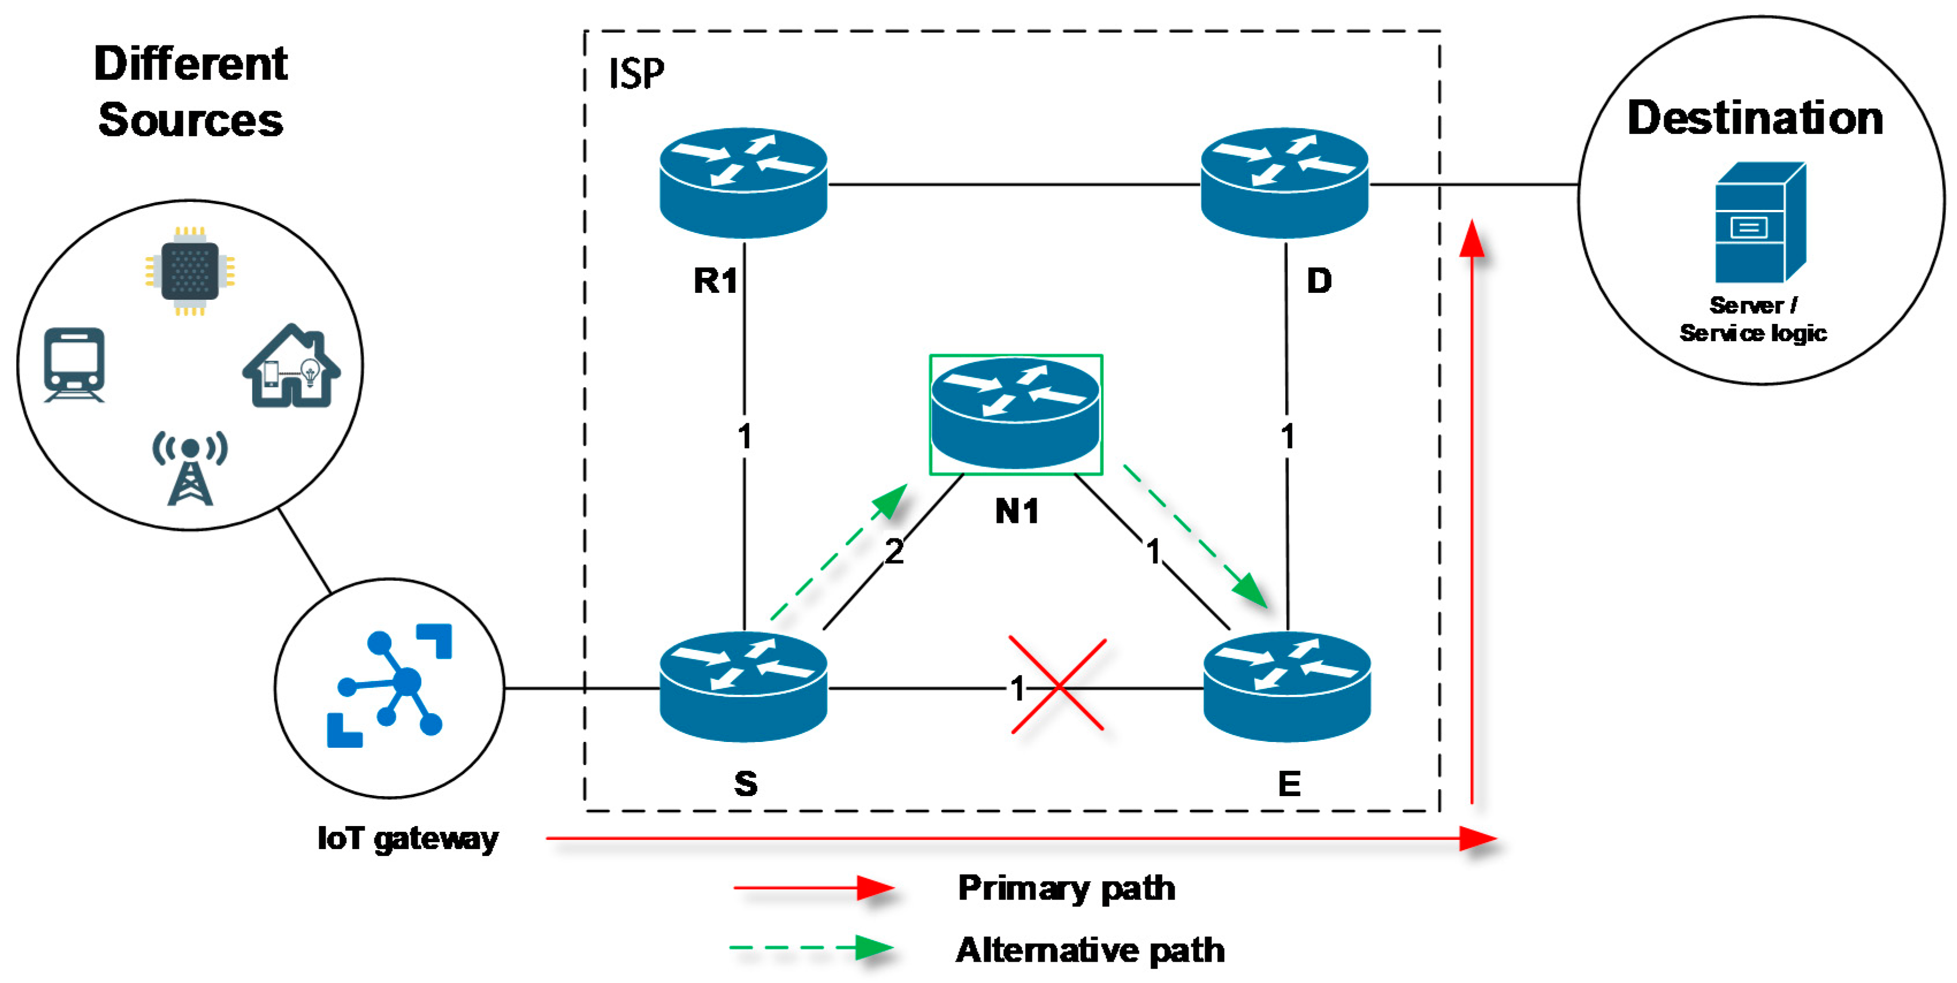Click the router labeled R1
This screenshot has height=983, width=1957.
pyautogui.click(x=743, y=182)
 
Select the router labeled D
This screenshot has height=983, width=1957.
pyautogui.click(x=1284, y=182)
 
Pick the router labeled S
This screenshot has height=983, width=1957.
pyautogui.click(x=743, y=687)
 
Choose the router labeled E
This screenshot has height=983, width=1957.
pyautogui.click(x=1287, y=687)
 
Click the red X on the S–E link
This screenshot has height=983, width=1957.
pyautogui.click(x=1057, y=685)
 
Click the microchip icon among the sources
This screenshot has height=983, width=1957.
pyautogui.click(x=190, y=270)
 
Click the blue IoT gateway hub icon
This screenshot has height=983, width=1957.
pyautogui.click(x=389, y=687)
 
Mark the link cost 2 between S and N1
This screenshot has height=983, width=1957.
pyautogui.click(x=894, y=552)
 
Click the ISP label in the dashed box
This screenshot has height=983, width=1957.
pyautogui.click(x=636, y=74)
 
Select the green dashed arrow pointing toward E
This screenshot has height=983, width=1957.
pyautogui.click(x=1197, y=536)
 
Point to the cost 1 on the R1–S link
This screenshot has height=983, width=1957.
pyautogui.click(x=744, y=436)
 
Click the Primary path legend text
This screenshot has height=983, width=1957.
pyautogui.click(x=1066, y=888)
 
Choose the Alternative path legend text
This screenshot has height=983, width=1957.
pyautogui.click(x=1090, y=950)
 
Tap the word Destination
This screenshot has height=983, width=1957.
pyautogui.click(x=1755, y=118)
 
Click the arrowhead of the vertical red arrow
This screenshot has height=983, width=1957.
pyautogui.click(x=1471, y=239)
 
